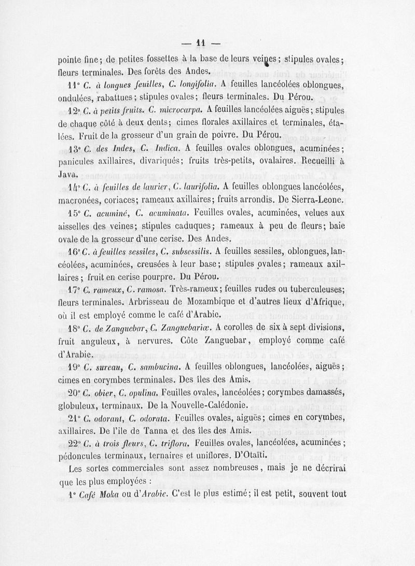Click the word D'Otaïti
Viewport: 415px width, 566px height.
point(250,456)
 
